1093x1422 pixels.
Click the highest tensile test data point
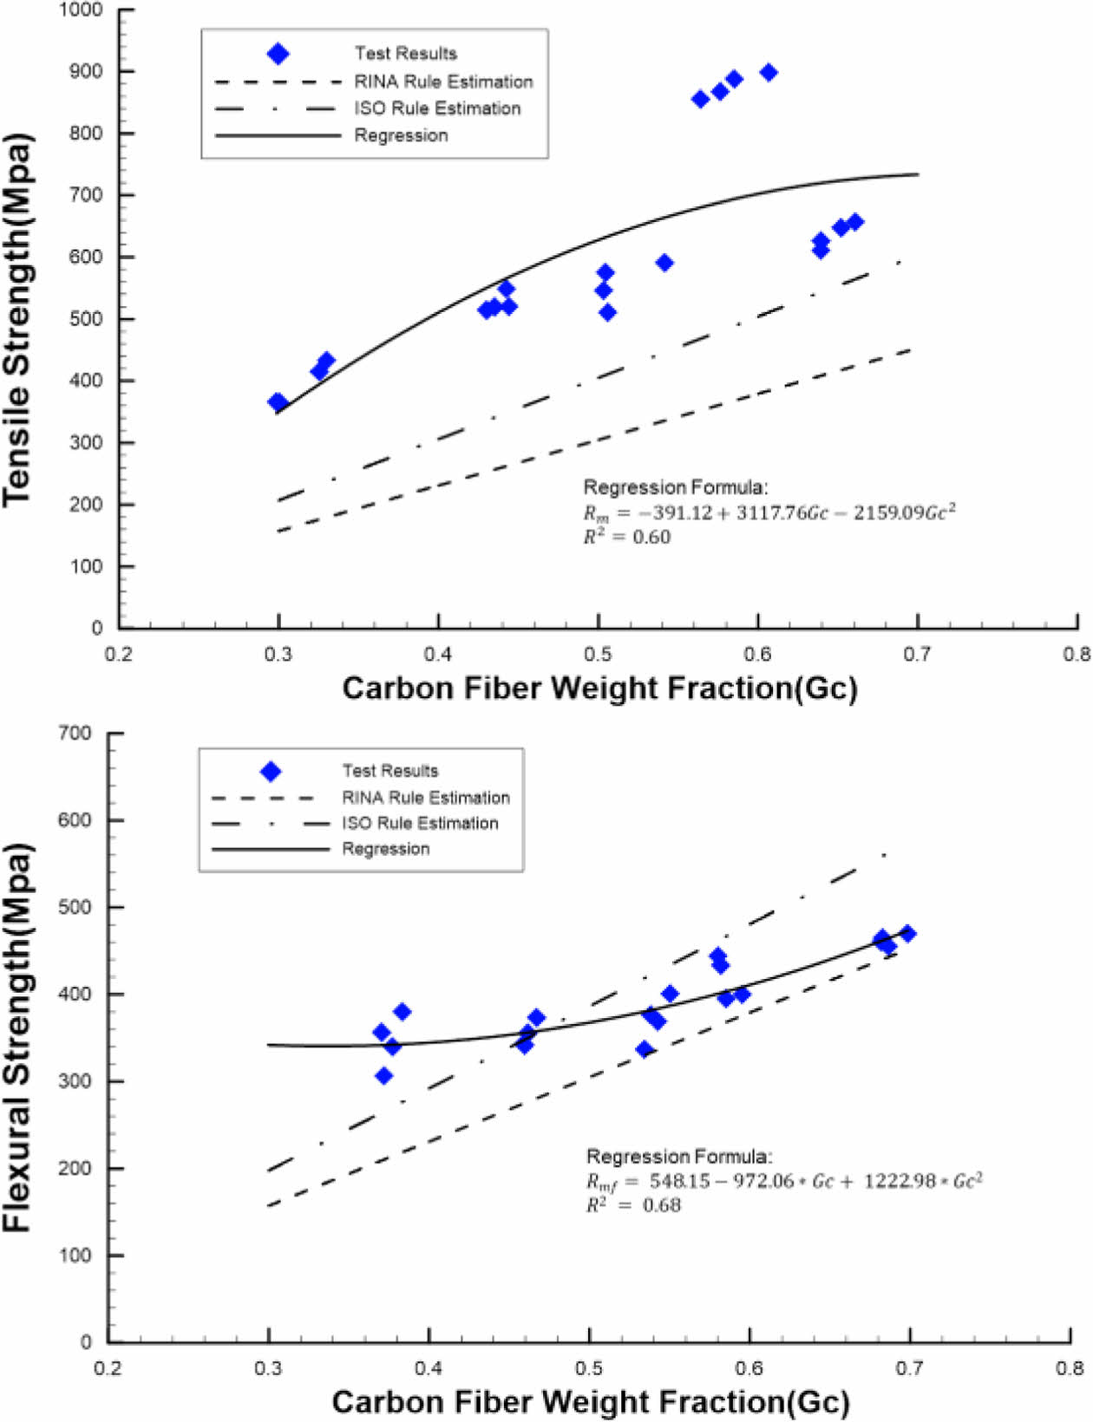point(769,73)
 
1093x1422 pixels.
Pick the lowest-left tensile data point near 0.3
point(278,402)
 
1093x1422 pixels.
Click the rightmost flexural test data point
point(908,934)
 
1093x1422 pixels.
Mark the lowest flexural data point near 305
point(384,1076)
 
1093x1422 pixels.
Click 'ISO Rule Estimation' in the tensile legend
point(437,108)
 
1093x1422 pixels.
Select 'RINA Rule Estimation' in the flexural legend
point(425,798)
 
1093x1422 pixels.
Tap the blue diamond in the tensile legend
point(278,54)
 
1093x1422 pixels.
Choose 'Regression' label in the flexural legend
point(385,849)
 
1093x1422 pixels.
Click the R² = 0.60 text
point(626,538)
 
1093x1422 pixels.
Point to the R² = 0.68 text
point(633,1205)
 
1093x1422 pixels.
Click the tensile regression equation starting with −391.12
point(769,512)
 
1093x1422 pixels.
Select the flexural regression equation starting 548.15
point(784,1181)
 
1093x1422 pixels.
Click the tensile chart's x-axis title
point(599,688)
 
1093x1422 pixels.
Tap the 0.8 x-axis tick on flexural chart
point(1070,1369)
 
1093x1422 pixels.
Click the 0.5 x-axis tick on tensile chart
point(598,654)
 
